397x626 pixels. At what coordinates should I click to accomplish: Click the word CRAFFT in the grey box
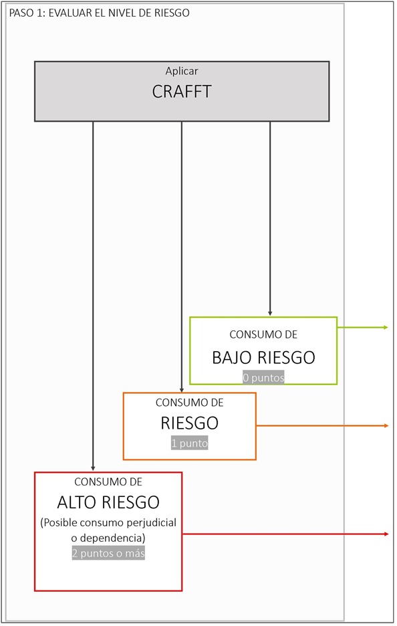click(182, 92)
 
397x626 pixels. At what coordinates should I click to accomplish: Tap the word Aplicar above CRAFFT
click(182, 71)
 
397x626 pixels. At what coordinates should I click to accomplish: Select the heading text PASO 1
click(27, 13)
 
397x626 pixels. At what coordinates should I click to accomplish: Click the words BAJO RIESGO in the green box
click(263, 357)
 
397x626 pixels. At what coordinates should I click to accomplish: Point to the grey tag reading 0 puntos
click(263, 378)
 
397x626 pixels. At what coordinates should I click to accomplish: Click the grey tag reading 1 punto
click(190, 443)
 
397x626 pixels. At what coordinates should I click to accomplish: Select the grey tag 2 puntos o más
click(108, 553)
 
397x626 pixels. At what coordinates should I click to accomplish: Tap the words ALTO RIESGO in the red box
click(108, 502)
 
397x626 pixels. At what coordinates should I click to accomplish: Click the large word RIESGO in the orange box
click(190, 423)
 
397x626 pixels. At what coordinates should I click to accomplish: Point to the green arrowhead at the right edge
click(386, 327)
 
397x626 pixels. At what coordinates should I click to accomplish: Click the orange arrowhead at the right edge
click(386, 426)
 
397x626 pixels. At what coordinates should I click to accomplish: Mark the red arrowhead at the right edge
click(386, 534)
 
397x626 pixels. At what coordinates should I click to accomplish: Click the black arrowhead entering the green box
click(270, 314)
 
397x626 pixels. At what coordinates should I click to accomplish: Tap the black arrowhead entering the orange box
click(182, 390)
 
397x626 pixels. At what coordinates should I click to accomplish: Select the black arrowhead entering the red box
click(93, 468)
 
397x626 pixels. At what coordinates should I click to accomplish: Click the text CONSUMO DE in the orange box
click(190, 403)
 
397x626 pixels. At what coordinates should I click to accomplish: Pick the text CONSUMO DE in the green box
click(263, 334)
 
